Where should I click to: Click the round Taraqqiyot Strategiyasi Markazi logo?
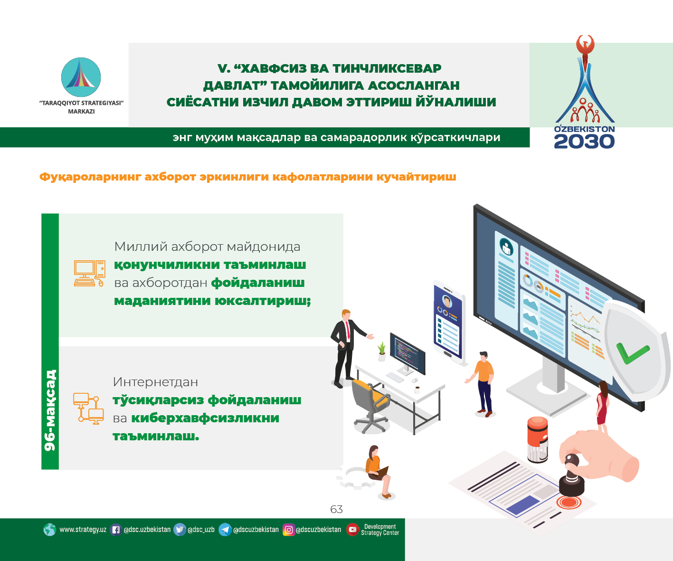click(x=81, y=77)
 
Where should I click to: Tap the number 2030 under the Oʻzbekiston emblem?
click(x=584, y=142)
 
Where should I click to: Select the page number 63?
click(x=336, y=509)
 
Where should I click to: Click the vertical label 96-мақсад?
click(x=50, y=410)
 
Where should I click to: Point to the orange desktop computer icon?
click(x=90, y=274)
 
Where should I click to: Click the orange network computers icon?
click(x=88, y=409)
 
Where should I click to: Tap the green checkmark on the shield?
click(x=632, y=353)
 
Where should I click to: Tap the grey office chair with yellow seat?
click(x=370, y=405)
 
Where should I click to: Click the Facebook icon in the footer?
click(x=116, y=530)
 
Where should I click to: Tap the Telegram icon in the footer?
click(x=225, y=530)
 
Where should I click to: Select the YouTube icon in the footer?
click(x=352, y=529)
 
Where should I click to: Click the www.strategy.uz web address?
click(x=83, y=530)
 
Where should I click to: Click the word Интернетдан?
click(x=155, y=382)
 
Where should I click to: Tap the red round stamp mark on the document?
click(x=569, y=502)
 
